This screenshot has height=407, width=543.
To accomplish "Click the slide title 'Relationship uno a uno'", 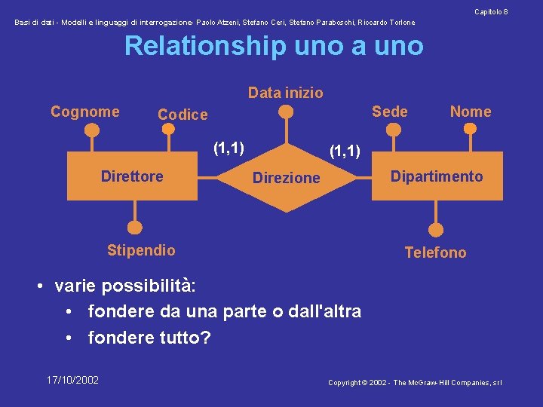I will pyautogui.click(x=274, y=46).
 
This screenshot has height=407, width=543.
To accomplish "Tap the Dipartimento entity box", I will pyautogui.click(x=437, y=176).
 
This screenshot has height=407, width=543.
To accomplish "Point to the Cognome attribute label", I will pyautogui.click(x=84, y=112).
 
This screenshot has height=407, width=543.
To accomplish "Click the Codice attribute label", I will pyautogui.click(x=183, y=115).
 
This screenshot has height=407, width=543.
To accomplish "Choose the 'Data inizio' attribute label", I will pyautogui.click(x=285, y=93).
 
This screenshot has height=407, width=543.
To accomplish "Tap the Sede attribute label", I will pyautogui.click(x=389, y=112).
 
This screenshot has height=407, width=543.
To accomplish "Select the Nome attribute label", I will pyautogui.click(x=470, y=112).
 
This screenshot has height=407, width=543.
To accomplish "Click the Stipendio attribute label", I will pyautogui.click(x=141, y=250).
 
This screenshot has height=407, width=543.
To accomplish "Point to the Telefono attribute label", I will pyautogui.click(x=435, y=252).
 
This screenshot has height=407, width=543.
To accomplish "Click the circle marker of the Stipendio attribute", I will pyautogui.click(x=134, y=226).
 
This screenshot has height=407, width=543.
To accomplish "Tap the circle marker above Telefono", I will pyautogui.click(x=436, y=229).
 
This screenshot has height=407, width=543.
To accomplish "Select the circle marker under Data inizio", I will pyautogui.click(x=286, y=112).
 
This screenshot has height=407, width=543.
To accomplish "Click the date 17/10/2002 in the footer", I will pyautogui.click(x=72, y=380).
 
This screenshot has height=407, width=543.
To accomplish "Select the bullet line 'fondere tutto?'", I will pyautogui.click(x=149, y=338).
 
